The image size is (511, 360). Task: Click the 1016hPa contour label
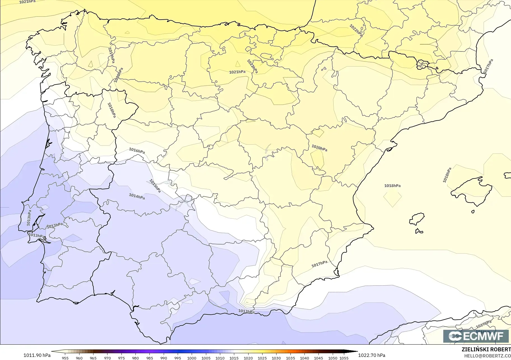pos(137,151)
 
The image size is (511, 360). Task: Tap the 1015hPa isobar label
pos(155,186)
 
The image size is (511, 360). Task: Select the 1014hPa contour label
pos(137,196)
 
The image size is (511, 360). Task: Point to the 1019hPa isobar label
pos(111,55)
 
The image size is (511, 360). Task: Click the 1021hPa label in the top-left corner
pos(27,2)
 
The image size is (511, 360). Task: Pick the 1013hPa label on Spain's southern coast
pos(246,311)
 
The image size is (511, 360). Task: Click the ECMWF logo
pos(476,336)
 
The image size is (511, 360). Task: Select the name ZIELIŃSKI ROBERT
pos(486,349)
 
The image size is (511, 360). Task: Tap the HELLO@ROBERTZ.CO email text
pos(487,356)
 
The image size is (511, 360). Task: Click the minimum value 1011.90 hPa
pos(37,355)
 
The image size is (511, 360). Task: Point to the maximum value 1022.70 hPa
pos(372,355)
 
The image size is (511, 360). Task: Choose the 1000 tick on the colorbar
pos(192,358)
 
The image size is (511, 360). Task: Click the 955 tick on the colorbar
pos(65,358)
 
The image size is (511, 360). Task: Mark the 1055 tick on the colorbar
pos(344,358)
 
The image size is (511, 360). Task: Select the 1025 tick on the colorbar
pos(262,358)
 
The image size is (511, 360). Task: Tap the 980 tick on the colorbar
pos(135,358)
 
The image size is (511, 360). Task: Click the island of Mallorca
pos(473,192)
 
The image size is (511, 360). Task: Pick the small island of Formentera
pos(419,231)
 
